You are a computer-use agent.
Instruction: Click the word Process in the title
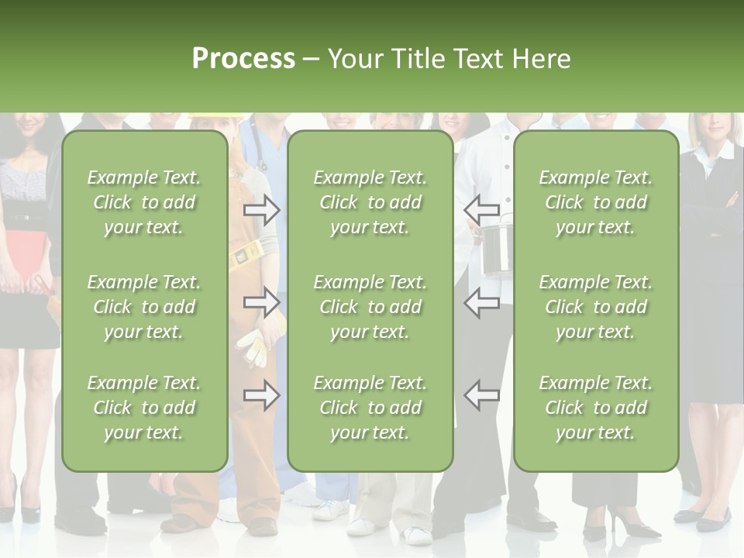[x=243, y=59]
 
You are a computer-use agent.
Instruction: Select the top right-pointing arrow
[x=261, y=209]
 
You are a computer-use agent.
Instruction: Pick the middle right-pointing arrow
[x=261, y=302]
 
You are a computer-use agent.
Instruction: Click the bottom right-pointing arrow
[x=261, y=395]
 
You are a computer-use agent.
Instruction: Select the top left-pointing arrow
[x=482, y=209]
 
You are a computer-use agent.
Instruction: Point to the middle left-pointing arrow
[x=482, y=302]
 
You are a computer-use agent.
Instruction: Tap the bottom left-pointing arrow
[x=482, y=395]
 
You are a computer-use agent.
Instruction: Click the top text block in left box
[x=144, y=202]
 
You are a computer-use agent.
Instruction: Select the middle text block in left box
[x=144, y=307]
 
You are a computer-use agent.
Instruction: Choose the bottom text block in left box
[x=144, y=408]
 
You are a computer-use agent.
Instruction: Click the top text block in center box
[x=370, y=202]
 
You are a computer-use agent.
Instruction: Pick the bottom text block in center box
[x=370, y=408]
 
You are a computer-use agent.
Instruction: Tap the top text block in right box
[x=595, y=202]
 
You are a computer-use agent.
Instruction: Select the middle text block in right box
[x=595, y=307]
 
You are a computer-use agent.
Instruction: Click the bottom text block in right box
[x=595, y=408]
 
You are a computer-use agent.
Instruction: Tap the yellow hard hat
[x=212, y=118]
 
